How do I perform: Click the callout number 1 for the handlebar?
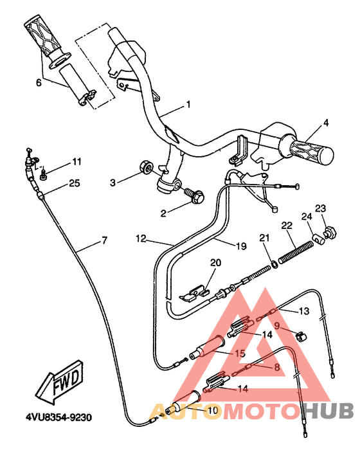click(x=188, y=104)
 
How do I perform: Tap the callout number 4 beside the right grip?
click(x=326, y=122)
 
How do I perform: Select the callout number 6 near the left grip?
click(x=39, y=82)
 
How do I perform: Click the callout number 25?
click(x=74, y=184)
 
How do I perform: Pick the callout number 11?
click(x=76, y=161)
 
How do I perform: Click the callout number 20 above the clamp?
click(x=215, y=262)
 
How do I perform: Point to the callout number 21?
click(x=263, y=239)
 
